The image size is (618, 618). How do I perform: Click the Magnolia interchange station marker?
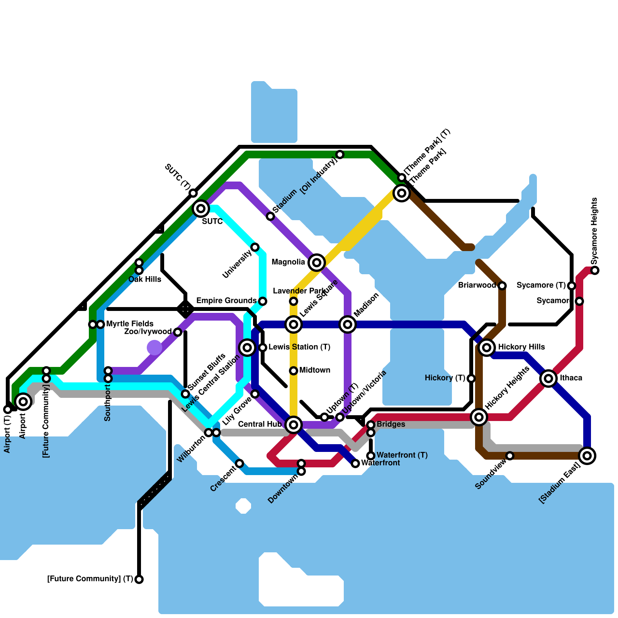click(317, 263)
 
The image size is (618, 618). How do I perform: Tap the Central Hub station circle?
click(294, 425)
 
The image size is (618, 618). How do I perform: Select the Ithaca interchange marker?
click(548, 379)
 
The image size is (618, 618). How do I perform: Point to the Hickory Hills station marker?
click(487, 348)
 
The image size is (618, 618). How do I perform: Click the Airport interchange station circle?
click(23, 402)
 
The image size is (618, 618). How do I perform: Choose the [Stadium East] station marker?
click(587, 456)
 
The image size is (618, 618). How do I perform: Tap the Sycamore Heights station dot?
click(595, 270)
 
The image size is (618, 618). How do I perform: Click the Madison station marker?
click(348, 324)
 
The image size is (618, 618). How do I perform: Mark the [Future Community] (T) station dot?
click(139, 579)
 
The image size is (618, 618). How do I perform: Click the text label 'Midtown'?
click(315, 370)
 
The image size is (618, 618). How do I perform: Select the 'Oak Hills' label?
click(145, 279)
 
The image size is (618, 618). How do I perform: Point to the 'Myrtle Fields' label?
click(130, 324)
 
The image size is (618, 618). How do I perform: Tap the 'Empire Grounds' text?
click(226, 301)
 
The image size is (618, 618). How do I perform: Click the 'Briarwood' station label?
click(477, 285)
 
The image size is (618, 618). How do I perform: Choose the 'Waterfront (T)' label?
click(402, 455)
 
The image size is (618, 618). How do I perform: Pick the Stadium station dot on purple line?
click(270, 216)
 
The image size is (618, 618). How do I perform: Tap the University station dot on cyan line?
click(255, 247)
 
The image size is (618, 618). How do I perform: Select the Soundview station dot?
click(510, 456)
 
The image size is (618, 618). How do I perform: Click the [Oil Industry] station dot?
click(340, 154)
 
